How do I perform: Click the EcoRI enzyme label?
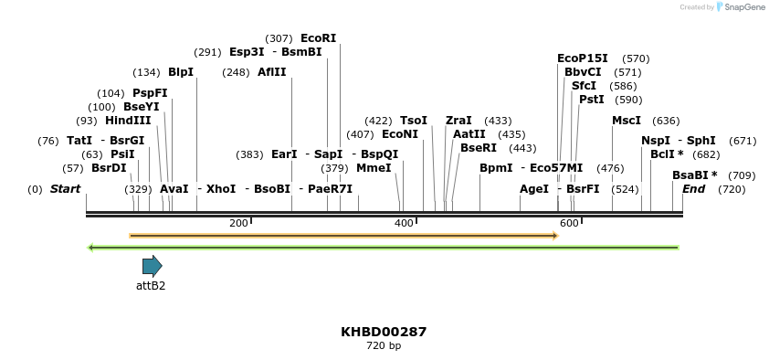click(x=318, y=38)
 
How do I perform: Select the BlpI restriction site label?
click(x=181, y=72)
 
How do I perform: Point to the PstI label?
click(x=592, y=100)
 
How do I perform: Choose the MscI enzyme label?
click(x=627, y=121)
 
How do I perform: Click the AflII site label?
click(x=271, y=72)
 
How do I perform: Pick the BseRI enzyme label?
click(x=479, y=148)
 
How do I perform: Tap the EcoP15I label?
click(x=583, y=58)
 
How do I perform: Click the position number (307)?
click(x=279, y=38)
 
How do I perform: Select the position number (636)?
click(x=666, y=121)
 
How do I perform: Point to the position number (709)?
click(x=742, y=175)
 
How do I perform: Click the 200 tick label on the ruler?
click(x=238, y=223)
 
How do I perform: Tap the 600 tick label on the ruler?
click(x=568, y=223)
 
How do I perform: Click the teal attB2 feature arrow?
click(x=152, y=266)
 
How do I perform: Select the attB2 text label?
click(x=151, y=286)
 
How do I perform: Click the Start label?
click(x=65, y=189)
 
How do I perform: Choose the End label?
click(x=693, y=189)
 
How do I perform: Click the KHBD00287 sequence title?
click(x=384, y=332)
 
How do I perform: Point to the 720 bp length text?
click(x=384, y=346)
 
